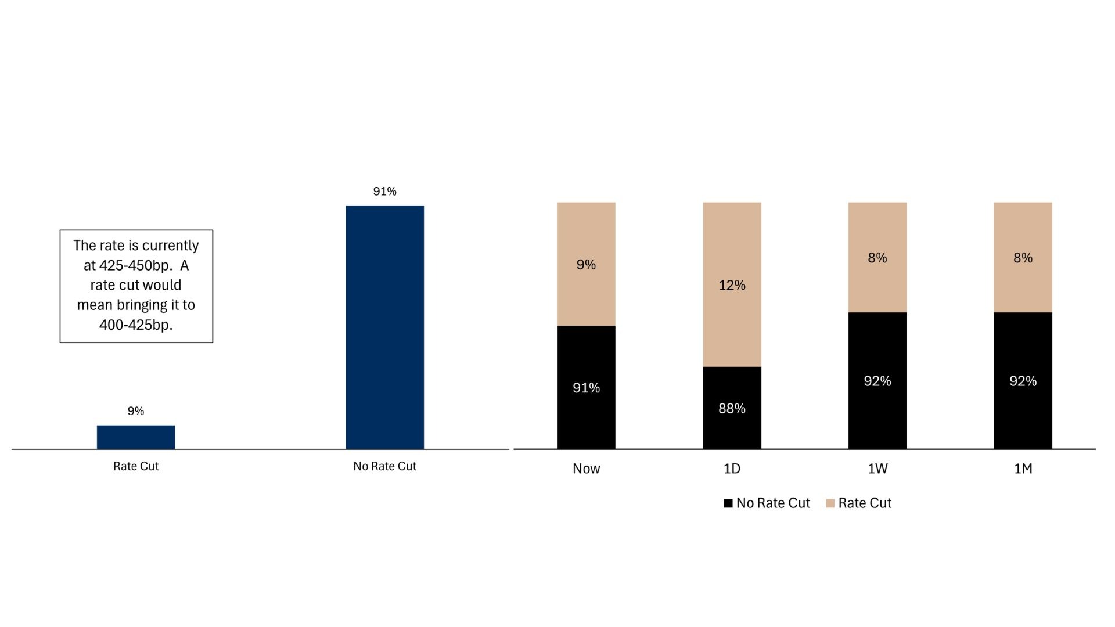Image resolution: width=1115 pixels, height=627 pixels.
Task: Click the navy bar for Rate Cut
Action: [136, 437]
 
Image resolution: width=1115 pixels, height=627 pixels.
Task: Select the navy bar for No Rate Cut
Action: [385, 327]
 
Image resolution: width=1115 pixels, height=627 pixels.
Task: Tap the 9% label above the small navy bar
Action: [136, 411]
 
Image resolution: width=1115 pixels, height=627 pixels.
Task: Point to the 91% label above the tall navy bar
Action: [385, 192]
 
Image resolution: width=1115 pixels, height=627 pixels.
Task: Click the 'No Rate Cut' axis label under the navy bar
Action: [385, 466]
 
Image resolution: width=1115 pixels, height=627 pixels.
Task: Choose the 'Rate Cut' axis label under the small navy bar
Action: [136, 466]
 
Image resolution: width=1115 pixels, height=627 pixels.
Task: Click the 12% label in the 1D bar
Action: [732, 285]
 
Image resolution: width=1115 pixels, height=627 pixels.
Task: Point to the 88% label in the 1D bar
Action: [732, 409]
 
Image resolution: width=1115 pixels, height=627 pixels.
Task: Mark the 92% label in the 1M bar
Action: [1023, 381]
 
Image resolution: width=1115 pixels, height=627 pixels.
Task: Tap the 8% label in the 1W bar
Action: [877, 258]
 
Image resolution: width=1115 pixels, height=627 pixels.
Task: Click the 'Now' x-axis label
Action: [587, 469]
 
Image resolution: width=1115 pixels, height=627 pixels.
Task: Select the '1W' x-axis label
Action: [877, 469]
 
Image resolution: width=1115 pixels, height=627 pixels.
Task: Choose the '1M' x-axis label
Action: [1023, 469]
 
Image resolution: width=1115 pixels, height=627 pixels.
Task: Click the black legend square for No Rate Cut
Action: [728, 503]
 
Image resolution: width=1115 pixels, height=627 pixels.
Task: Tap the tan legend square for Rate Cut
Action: [830, 503]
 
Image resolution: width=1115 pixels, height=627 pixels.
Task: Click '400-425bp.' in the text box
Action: [136, 325]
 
